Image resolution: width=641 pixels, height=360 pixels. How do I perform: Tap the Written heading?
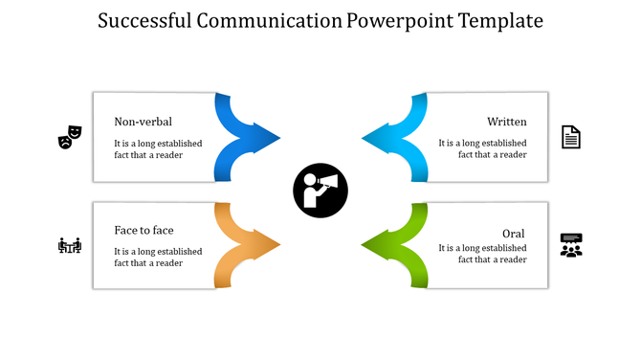[x=506, y=122]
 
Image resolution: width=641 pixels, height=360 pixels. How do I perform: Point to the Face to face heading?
[x=144, y=230]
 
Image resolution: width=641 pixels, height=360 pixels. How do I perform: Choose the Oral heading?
[x=513, y=234]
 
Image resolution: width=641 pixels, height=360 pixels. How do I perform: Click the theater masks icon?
[x=70, y=137]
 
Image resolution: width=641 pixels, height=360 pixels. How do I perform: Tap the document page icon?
[x=571, y=137]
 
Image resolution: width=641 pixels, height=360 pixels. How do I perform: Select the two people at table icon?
[x=70, y=246]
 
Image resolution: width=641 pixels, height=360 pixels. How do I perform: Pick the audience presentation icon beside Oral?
[x=571, y=245]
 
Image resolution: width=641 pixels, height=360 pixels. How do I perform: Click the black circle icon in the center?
[x=320, y=191]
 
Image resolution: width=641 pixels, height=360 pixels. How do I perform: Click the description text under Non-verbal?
[x=158, y=148]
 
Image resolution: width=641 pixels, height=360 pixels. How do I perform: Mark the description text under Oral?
[x=482, y=254]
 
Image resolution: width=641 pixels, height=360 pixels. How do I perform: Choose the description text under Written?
[x=482, y=148]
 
